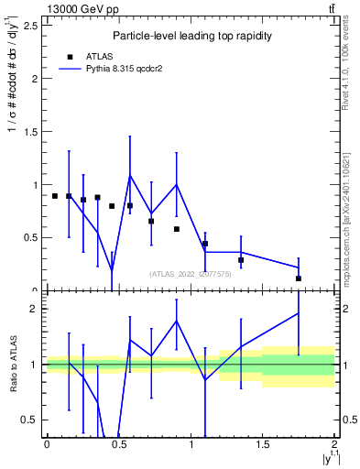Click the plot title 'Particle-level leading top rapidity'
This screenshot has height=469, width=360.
click(187, 36)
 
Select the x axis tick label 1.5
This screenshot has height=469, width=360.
click(263, 444)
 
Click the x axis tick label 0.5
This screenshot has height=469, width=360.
click(118, 444)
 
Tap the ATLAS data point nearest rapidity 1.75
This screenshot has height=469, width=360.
click(299, 278)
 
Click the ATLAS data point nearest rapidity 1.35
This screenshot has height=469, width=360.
click(241, 260)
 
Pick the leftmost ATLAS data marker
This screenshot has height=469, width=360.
click(54, 196)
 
